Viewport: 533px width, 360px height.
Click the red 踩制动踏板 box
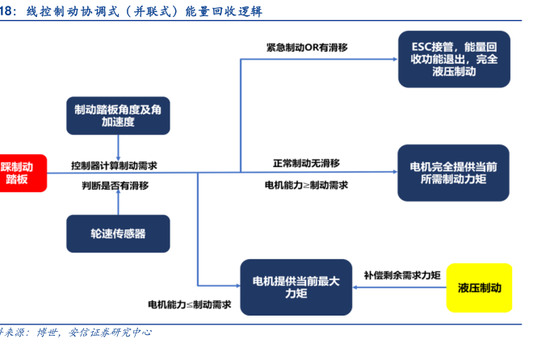coord(23,174)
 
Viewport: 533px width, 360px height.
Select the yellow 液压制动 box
coord(479,287)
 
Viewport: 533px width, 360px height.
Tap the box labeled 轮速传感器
coord(118,233)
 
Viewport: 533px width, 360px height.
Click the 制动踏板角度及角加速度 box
coord(118,115)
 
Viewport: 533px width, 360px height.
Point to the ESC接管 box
coord(454,59)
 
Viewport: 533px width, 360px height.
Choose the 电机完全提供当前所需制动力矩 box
coord(454,173)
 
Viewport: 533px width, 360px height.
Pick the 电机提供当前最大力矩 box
coord(296,287)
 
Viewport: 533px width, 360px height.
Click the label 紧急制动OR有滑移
coord(307,48)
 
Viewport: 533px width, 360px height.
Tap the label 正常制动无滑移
coord(306,163)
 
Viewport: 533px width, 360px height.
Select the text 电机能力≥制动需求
coord(306,185)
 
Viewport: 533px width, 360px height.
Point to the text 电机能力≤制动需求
coord(189,304)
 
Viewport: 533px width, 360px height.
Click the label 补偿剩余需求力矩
coord(402,275)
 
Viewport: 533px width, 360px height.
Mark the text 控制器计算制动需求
coord(114,165)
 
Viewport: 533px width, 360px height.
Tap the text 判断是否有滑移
coord(115,186)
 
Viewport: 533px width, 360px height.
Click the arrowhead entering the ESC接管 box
coord(396,59)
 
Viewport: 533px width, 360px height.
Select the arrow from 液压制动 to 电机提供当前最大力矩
coord(400,287)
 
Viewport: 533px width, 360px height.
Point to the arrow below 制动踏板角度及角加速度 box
coord(118,148)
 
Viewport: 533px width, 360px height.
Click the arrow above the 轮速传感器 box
coord(118,202)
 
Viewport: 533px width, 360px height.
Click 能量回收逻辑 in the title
coord(224,11)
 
